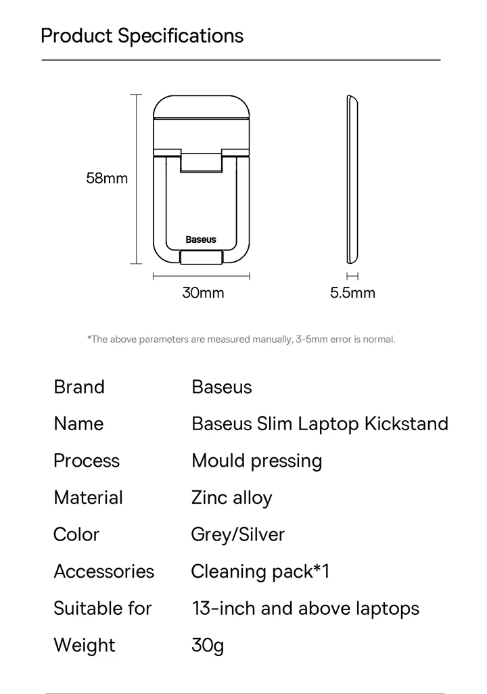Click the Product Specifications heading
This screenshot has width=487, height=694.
[x=142, y=35]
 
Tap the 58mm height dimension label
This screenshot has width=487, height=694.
[x=107, y=179]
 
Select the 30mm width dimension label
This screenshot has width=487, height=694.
[x=203, y=293]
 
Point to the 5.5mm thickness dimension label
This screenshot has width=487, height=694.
[x=352, y=293]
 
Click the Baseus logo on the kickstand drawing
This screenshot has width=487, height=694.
[x=201, y=239]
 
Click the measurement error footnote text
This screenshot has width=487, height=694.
[x=241, y=339]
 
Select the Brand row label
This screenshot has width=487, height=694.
[x=79, y=387]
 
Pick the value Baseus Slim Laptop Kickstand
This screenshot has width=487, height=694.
[x=320, y=424]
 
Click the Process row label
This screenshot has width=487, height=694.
[x=87, y=461]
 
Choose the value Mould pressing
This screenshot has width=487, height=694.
[x=257, y=461]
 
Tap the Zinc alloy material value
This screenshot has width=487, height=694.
[x=231, y=498]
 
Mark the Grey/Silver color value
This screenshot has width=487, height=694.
[x=238, y=534]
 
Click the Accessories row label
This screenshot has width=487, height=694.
[x=104, y=572]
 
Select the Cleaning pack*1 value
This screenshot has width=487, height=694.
[x=260, y=572]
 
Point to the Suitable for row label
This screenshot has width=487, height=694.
[x=103, y=608]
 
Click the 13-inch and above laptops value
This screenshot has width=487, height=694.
[x=306, y=608]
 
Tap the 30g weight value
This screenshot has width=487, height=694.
[x=208, y=645]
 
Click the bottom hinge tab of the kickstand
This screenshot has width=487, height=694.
[x=202, y=258]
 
